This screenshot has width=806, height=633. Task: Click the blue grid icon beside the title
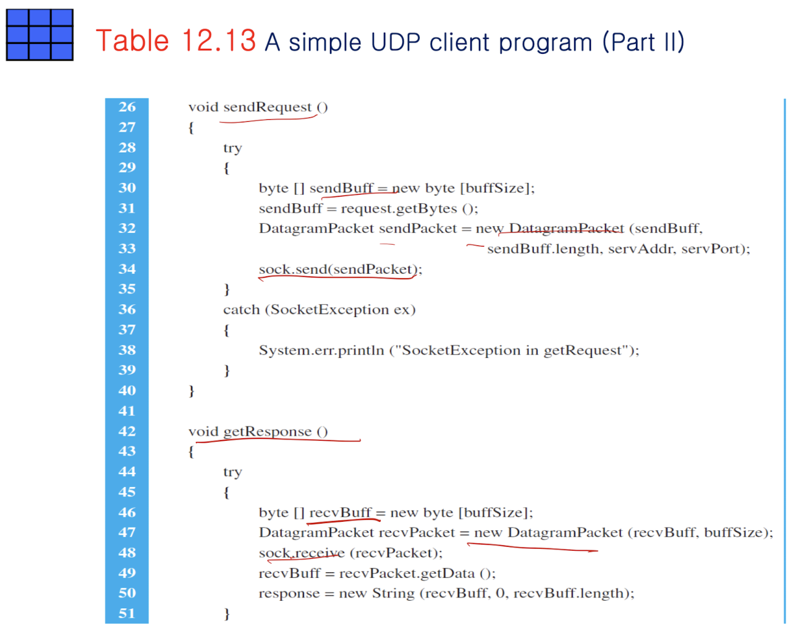[40, 35]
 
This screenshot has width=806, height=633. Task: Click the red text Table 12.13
[176, 41]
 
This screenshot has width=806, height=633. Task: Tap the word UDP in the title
[396, 43]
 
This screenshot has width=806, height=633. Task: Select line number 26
[127, 107]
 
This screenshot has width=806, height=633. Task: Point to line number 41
[127, 411]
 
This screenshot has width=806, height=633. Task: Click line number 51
[127, 613]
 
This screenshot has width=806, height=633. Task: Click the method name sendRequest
[267, 107]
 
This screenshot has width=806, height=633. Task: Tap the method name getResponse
[267, 431]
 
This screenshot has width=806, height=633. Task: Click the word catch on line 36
[241, 310]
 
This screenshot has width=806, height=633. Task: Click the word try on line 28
[232, 148]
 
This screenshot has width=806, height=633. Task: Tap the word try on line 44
[232, 472]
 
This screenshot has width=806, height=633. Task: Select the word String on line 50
[393, 593]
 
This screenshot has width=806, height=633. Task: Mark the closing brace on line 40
[192, 391]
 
